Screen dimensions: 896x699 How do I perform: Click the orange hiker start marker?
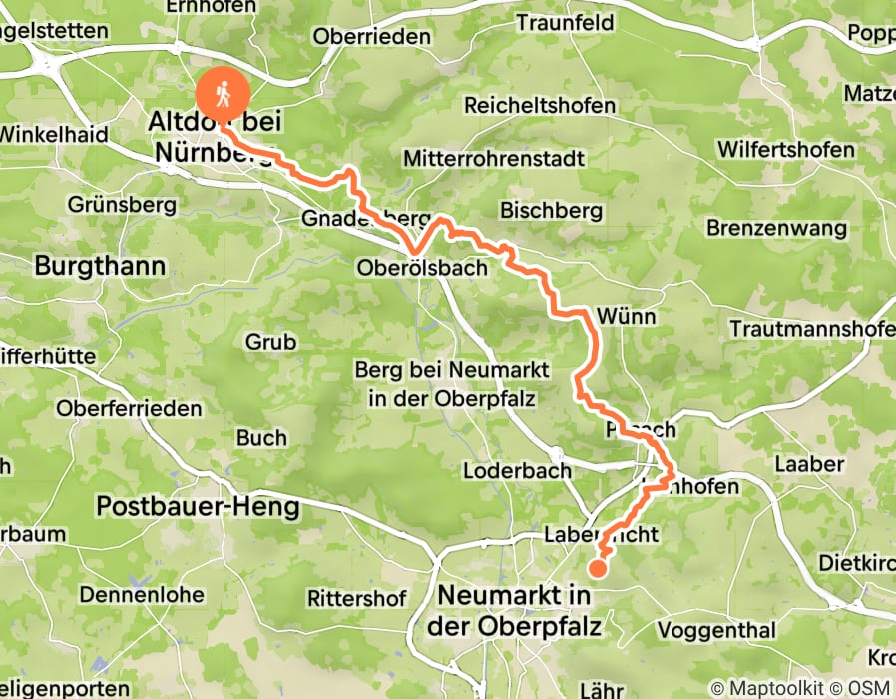coord(224,93)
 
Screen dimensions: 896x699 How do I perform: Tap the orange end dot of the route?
coord(597,569)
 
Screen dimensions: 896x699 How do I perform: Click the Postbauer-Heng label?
coord(198,507)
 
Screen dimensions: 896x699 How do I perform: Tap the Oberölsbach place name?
coord(422,268)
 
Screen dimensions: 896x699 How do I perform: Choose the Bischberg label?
coord(552,211)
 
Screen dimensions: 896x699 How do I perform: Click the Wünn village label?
coord(626,317)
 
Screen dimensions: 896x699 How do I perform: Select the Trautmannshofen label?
coord(811,328)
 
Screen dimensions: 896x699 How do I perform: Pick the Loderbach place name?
coord(518,470)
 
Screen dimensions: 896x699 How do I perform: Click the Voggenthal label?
coord(715,630)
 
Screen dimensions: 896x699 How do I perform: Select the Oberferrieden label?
coord(129,408)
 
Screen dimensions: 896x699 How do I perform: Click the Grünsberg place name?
coord(122,205)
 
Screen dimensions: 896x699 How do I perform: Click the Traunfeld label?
coord(564,22)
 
